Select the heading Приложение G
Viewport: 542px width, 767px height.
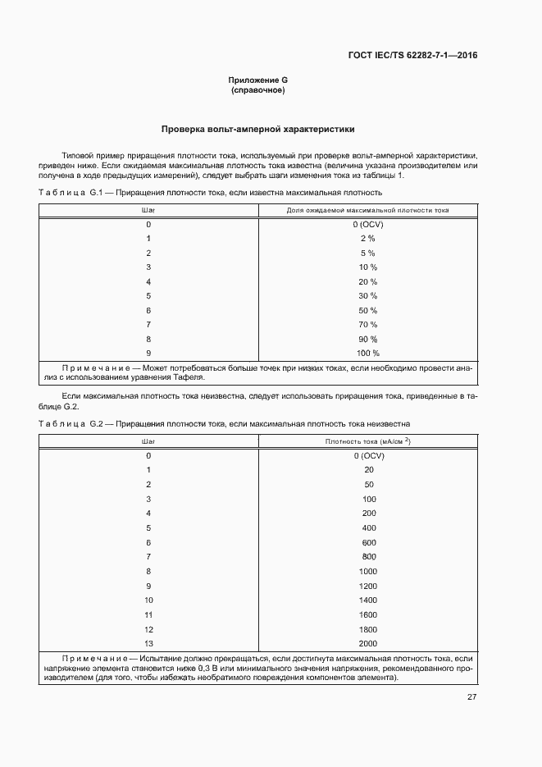tap(257, 80)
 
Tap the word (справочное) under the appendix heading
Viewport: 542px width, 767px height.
tap(257, 90)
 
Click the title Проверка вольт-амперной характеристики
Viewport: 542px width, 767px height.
tap(257, 130)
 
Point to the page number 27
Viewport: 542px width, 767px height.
tap(472, 697)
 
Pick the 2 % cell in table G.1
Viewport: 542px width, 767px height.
tap(367, 238)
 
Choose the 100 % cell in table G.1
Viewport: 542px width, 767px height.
tap(367, 354)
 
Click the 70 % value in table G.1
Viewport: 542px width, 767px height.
tap(367, 325)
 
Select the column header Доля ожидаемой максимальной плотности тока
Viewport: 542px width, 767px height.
tap(367, 210)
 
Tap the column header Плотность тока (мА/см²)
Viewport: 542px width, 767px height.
tap(367, 441)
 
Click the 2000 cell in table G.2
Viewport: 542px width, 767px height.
tap(367, 643)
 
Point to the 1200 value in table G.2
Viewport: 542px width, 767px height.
tap(367, 586)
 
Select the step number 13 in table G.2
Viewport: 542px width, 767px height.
tap(148, 643)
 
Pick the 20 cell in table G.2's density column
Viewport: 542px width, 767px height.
tap(368, 470)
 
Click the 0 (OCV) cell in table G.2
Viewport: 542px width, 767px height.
tap(368, 455)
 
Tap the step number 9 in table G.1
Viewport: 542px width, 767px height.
tap(148, 354)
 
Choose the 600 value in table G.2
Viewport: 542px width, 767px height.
tap(368, 542)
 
